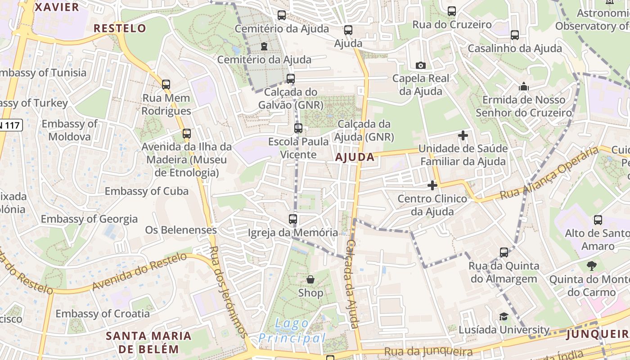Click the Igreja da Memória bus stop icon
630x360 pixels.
(293, 220)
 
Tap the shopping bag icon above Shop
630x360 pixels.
(310, 279)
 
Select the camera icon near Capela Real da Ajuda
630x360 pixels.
(421, 66)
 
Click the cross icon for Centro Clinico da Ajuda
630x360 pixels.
(432, 185)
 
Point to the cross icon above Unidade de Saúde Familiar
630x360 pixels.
(463, 135)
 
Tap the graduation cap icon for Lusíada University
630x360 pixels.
(504, 317)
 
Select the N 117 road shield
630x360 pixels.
(10, 125)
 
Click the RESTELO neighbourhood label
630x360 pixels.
(120, 28)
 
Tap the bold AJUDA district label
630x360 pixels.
(355, 157)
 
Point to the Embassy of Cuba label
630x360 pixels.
(147, 191)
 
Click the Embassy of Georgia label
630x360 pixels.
(89, 219)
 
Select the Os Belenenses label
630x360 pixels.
(181, 230)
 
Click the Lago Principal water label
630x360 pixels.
(292, 331)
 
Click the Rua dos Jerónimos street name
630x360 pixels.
(229, 292)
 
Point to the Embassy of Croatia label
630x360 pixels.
(103, 314)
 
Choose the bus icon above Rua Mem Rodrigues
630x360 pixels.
(166, 85)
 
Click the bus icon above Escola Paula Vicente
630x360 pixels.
(298, 128)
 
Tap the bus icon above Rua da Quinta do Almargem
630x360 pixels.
(504, 252)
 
